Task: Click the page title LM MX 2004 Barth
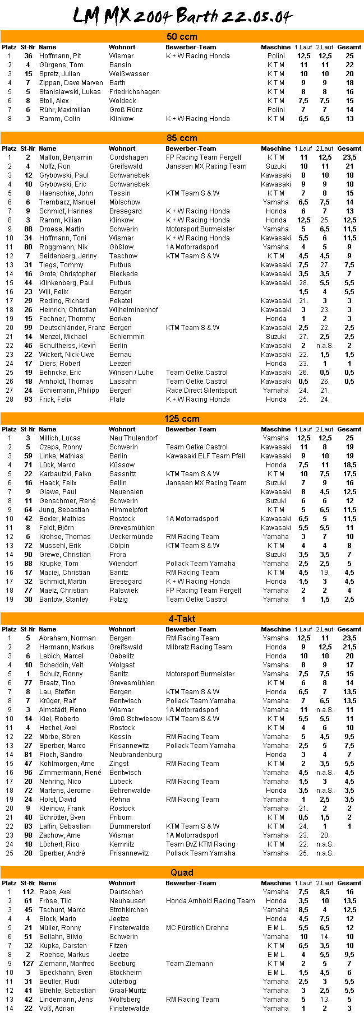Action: click(x=182, y=16)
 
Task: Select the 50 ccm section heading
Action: click(x=182, y=36)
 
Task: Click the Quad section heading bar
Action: click(x=182, y=872)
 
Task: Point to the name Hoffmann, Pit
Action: click(x=60, y=56)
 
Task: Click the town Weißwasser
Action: click(x=129, y=74)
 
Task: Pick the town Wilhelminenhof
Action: click(x=133, y=310)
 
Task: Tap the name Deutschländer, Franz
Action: click(x=72, y=328)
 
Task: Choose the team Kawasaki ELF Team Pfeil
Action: click(x=205, y=456)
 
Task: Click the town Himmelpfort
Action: click(x=128, y=510)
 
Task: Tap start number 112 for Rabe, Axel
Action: click(x=28, y=892)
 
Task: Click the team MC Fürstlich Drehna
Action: click(x=197, y=928)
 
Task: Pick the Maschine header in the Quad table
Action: click(x=275, y=883)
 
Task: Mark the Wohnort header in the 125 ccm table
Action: click(x=122, y=429)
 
